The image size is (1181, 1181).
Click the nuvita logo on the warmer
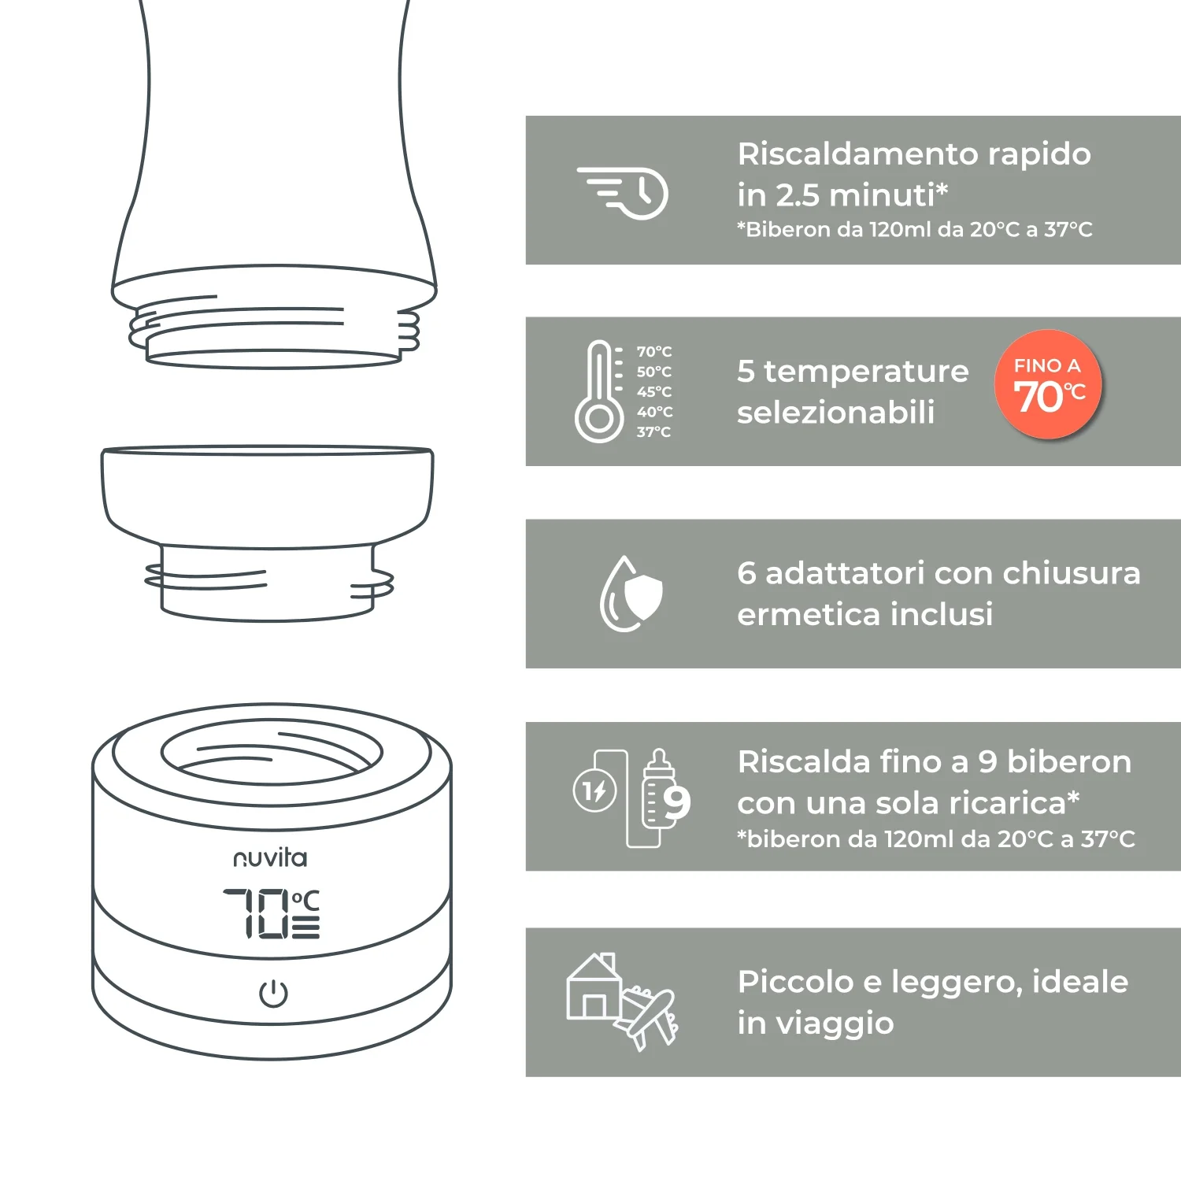coord(270,858)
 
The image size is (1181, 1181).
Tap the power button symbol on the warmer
coord(273,994)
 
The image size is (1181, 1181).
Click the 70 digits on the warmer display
coord(256,913)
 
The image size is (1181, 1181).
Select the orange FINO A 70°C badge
coord(1048,384)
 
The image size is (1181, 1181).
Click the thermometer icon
coord(600,391)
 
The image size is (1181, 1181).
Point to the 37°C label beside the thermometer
coord(653,431)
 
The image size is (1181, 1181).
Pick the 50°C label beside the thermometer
coord(653,372)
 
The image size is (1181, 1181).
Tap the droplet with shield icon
coord(631,594)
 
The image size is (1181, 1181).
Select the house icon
coord(594,986)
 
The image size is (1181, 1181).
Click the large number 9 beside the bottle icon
coord(676,803)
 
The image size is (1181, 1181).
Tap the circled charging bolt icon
coord(594,790)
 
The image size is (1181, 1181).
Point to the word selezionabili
coord(836,412)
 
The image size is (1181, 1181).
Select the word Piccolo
coord(795,982)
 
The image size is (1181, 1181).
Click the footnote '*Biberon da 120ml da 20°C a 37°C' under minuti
coord(915,229)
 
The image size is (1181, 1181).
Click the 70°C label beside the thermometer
coord(653,351)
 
